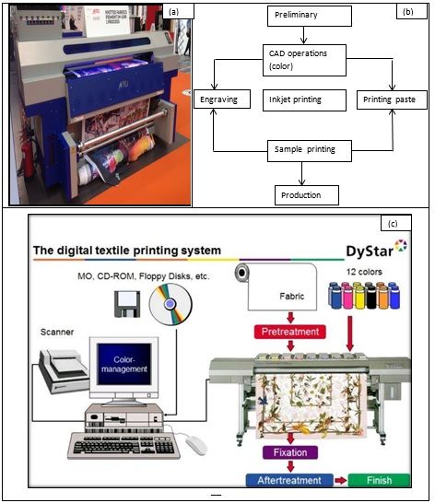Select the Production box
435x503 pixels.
pos(306,194)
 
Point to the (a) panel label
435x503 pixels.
pos(172,11)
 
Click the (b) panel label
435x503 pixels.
pos(406,10)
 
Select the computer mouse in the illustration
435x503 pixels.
pos(194,445)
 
